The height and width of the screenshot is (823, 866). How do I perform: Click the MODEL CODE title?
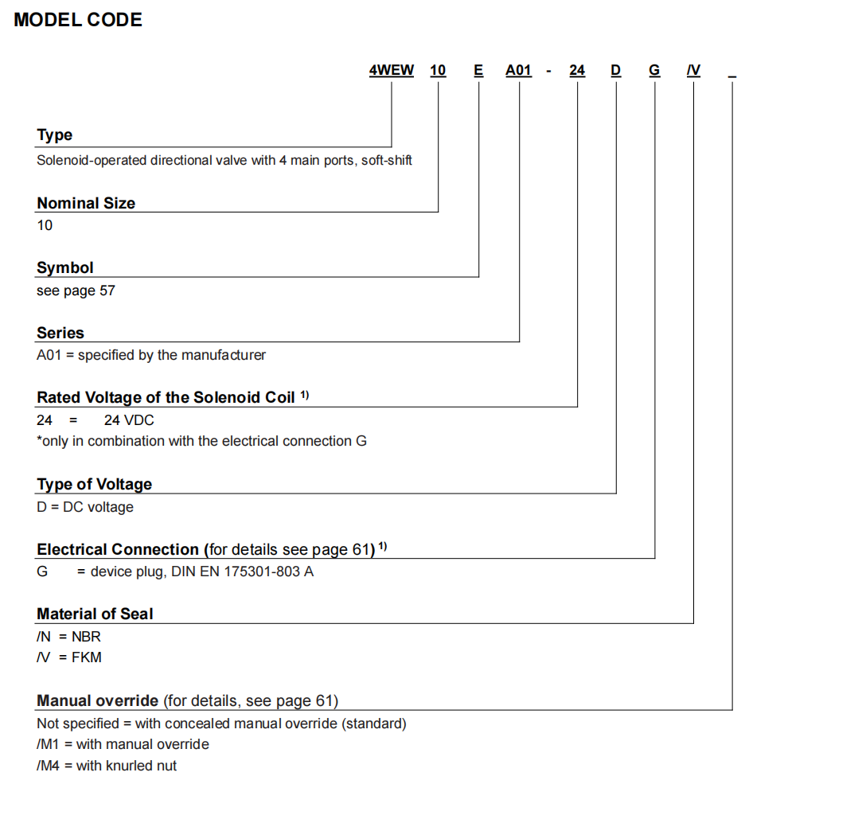click(78, 21)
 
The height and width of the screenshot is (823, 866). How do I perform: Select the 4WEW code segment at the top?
click(392, 70)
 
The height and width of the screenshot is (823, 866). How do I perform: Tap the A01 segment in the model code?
click(518, 70)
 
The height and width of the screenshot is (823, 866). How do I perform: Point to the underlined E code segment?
click(478, 70)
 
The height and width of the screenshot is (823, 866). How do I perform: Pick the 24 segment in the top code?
click(577, 70)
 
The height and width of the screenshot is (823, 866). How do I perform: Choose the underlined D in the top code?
click(615, 70)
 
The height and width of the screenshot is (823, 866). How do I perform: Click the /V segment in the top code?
click(693, 70)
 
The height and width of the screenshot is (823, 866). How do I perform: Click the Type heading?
click(55, 135)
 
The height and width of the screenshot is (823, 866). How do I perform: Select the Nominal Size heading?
click(86, 203)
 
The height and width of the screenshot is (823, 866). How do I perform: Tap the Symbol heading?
click(65, 268)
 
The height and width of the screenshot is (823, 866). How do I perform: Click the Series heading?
click(60, 333)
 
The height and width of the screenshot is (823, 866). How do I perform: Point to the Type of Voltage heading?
click(95, 484)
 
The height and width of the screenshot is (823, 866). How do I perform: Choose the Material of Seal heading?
click(95, 614)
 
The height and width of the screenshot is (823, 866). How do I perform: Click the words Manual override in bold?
click(98, 701)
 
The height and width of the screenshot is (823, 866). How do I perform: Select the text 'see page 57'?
click(76, 291)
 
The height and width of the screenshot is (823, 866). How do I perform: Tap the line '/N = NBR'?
click(69, 637)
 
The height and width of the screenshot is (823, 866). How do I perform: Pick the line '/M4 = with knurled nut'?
click(107, 766)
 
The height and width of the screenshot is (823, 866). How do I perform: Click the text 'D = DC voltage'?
click(85, 507)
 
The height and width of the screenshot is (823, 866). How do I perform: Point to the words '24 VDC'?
click(129, 419)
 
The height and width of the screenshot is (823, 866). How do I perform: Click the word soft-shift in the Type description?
click(387, 160)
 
